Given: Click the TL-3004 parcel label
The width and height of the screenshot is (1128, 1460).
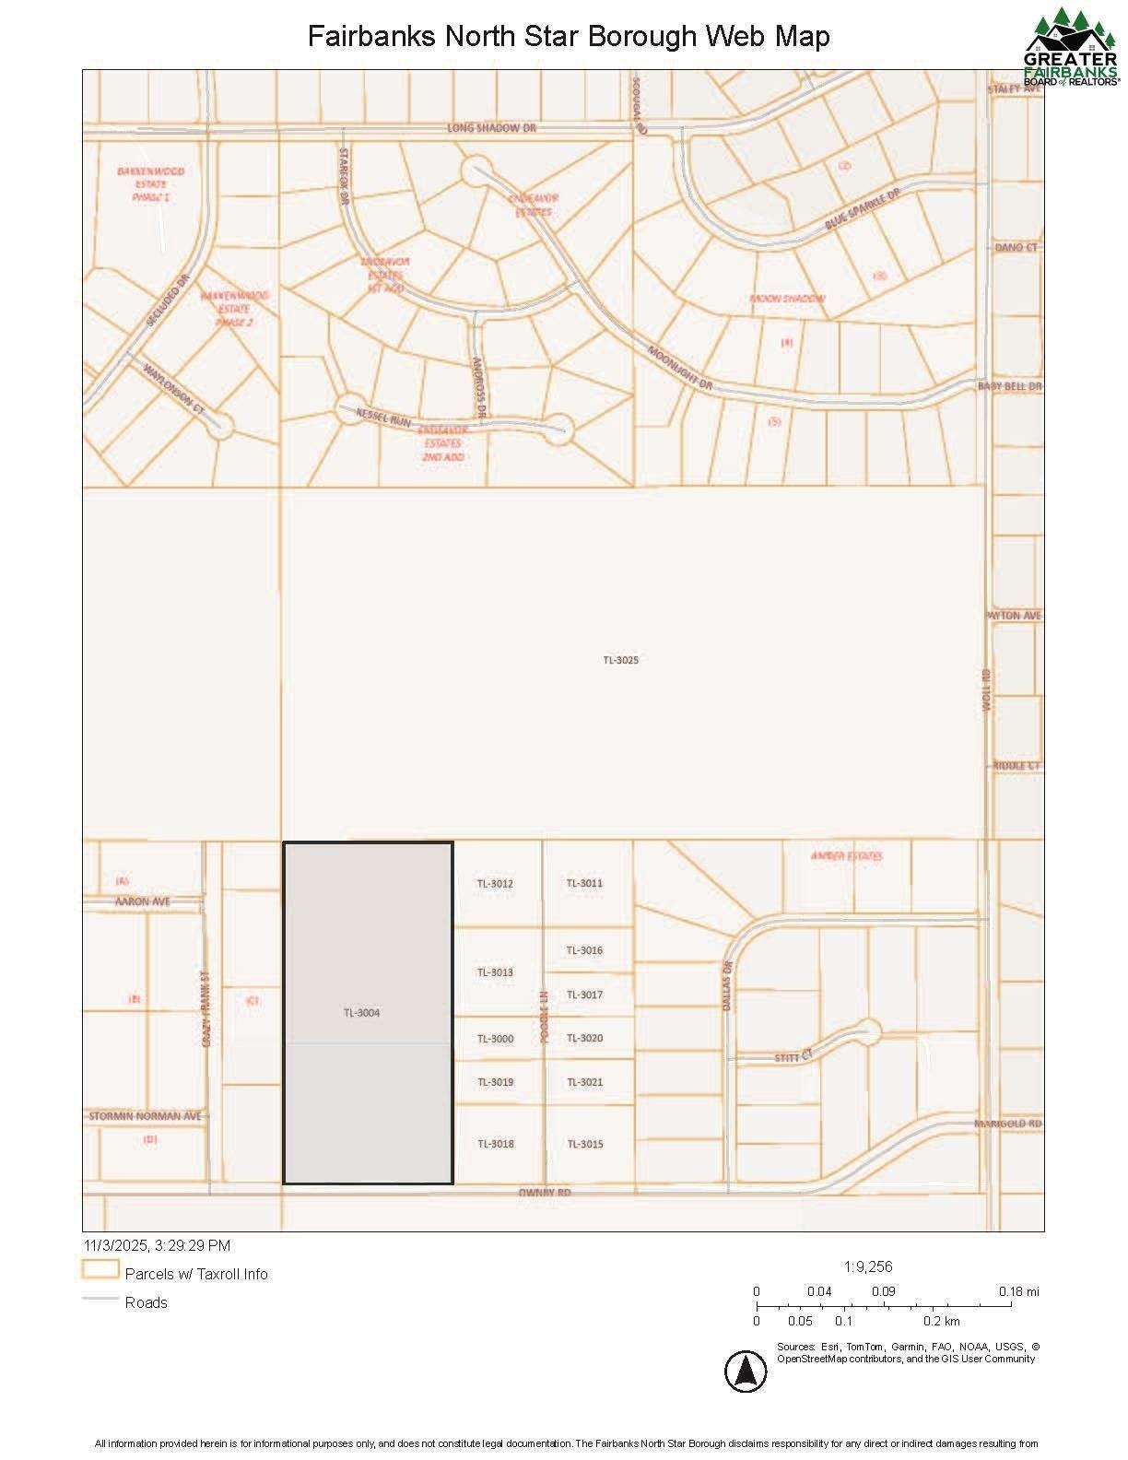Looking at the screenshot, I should click(361, 1013).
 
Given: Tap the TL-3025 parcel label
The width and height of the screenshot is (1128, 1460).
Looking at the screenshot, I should click(620, 660).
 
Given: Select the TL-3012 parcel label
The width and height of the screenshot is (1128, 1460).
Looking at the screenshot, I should click(495, 884).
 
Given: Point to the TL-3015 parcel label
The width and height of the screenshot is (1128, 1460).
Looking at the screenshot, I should click(584, 1144).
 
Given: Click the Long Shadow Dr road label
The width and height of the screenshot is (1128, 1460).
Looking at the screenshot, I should click(491, 128).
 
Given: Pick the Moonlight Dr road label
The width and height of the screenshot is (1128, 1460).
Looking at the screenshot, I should click(680, 367).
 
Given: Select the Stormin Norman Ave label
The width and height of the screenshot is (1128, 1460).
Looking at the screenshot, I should click(145, 1116).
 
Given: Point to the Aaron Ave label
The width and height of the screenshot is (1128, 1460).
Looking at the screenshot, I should click(142, 901).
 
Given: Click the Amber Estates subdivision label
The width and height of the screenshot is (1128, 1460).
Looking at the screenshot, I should click(846, 856).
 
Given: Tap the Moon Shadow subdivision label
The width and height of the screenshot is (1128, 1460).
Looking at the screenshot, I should click(787, 299).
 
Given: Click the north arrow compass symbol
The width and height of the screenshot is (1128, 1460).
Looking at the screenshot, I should click(746, 1372).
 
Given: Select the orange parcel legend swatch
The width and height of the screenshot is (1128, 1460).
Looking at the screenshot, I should click(100, 1270).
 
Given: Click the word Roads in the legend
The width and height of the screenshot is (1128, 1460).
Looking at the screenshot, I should click(147, 1302).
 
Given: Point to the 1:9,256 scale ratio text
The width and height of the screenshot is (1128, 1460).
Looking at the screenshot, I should click(868, 1266).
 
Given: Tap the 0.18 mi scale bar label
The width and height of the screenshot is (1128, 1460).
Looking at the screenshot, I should click(1018, 1291).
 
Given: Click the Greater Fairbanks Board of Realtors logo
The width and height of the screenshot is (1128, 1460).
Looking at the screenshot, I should click(1071, 46).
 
